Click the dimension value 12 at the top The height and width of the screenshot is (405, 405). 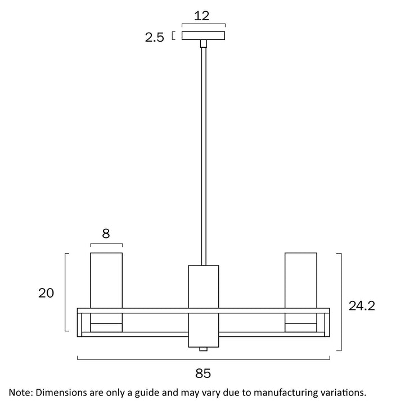pos(202,16)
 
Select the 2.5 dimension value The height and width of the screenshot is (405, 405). pos(154,38)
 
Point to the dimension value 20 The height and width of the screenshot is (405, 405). pos(46,293)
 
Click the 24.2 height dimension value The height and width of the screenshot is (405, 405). pos(362,305)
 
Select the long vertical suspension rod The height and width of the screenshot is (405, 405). pos(202,152)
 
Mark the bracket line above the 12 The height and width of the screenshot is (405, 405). pos(203,25)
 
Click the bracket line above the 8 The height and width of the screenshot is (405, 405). pos(106,244)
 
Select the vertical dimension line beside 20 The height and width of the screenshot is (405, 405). pos(66,293)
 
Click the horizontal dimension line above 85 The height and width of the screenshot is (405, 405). pos(203,359)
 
